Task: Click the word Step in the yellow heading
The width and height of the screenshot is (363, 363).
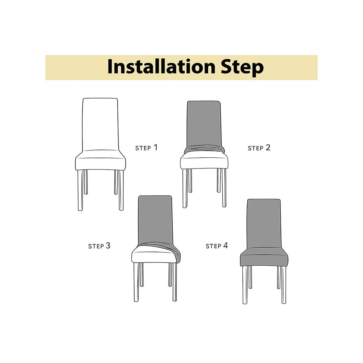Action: pos(242,67)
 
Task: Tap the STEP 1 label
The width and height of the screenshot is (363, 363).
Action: pos(146,148)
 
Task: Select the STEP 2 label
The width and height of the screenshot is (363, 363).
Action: pos(259,148)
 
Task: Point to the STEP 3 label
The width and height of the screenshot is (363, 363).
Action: pos(99,246)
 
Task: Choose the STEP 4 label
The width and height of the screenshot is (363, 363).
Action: pos(217,245)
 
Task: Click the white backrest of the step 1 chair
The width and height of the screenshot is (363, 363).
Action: pos(100,124)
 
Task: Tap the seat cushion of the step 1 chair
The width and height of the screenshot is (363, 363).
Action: pos(100,161)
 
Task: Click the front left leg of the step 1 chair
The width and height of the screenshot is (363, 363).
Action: pos(80,190)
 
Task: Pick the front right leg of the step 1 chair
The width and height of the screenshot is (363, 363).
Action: pos(121,190)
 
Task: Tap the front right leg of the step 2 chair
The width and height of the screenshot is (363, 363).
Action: pos(224,188)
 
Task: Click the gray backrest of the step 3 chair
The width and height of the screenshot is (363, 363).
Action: pos(155,219)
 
